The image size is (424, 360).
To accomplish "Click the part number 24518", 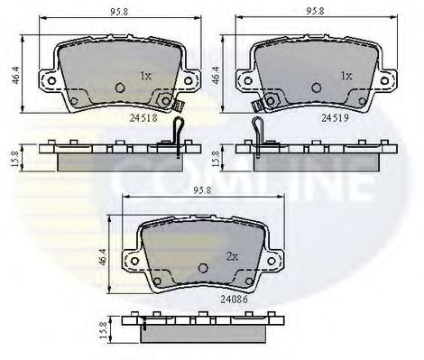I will (143, 116).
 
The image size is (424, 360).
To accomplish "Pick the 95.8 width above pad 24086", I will (202, 191).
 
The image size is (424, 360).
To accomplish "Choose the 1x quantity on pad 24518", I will (145, 75).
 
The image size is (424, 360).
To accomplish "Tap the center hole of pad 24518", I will (121, 88).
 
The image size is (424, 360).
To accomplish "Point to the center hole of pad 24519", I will (315, 88).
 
